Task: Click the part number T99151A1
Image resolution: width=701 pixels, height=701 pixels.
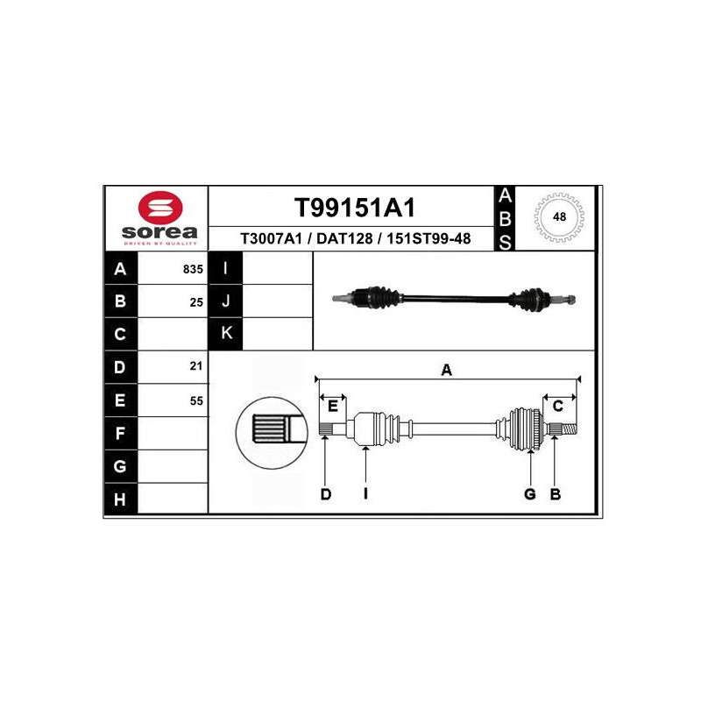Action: coord(355,208)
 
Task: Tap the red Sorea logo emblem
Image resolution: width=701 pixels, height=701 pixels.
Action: coord(160,207)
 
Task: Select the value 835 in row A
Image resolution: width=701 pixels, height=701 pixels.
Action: coord(193,269)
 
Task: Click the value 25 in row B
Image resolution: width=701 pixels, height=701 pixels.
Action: coord(196,302)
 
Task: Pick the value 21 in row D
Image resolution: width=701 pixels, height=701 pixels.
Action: coord(196,365)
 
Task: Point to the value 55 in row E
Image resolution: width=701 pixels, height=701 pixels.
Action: coord(196,400)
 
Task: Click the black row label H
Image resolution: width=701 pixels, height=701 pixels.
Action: coord(121,499)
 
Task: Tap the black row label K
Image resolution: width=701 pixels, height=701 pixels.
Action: coord(226,334)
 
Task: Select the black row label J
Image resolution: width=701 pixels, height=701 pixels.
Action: coord(226,301)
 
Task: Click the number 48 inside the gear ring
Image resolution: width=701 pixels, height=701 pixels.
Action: coord(559,216)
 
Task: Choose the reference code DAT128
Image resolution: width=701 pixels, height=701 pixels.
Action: coord(344,238)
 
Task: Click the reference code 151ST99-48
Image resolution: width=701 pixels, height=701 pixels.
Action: coord(428,238)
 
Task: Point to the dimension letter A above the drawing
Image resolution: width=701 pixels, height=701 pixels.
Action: coord(447,370)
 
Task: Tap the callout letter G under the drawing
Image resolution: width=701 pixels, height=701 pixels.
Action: coord(530,494)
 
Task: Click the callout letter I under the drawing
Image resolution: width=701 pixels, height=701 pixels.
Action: coord(365,493)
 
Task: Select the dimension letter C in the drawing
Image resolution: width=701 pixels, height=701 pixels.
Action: coord(558,406)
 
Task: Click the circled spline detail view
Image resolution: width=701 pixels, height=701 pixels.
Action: coord(272,433)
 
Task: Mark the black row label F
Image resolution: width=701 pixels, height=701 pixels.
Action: coord(121,433)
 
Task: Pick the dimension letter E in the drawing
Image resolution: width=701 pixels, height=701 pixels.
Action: coord(333,406)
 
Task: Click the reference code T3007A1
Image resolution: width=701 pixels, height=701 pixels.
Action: coord(271,238)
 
